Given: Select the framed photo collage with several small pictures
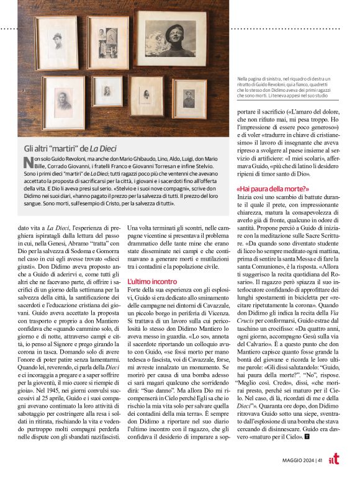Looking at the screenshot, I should pos(108,43).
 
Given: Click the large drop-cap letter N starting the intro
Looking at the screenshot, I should pos(27,163).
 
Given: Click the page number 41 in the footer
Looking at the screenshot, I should pos(318,460).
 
